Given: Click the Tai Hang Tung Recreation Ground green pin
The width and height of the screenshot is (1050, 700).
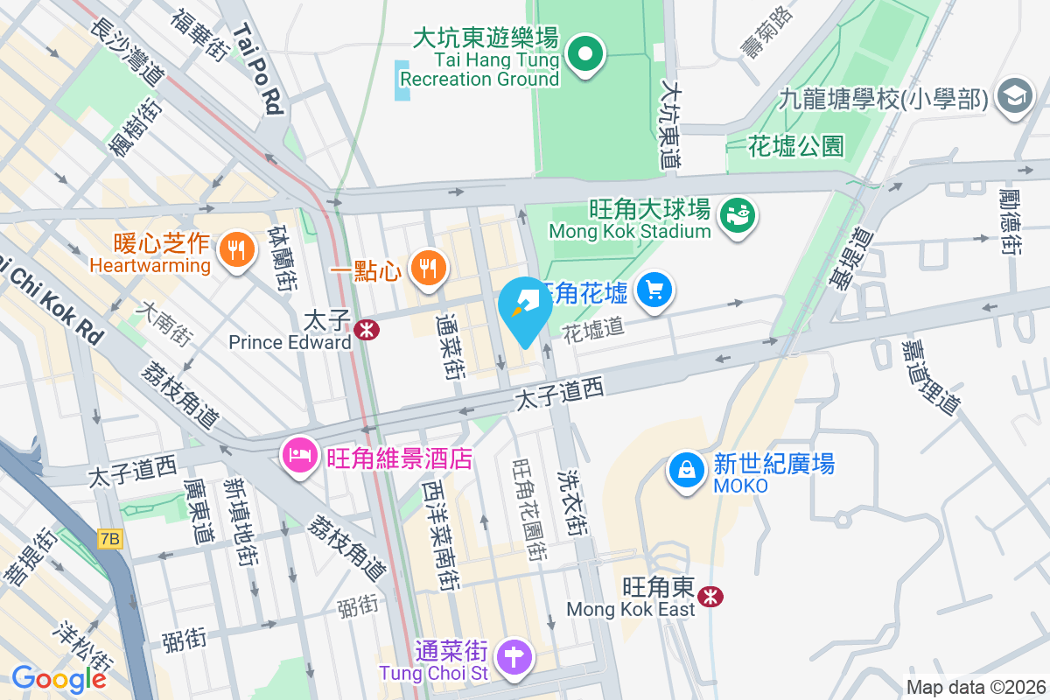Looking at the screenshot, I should pyautogui.click(x=586, y=54).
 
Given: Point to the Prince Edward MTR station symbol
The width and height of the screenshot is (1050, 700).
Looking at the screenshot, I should pyautogui.click(x=365, y=329).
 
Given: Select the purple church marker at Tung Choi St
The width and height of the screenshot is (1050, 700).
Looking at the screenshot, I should pyautogui.click(x=515, y=655).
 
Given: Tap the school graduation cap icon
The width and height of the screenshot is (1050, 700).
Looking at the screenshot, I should pyautogui.click(x=1015, y=95).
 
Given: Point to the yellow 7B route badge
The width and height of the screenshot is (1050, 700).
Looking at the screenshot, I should pyautogui.click(x=109, y=540).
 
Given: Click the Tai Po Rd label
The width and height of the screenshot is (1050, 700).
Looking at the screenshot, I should pyautogui.click(x=258, y=69).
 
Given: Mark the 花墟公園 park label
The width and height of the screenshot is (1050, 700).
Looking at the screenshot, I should pyautogui.click(x=796, y=146).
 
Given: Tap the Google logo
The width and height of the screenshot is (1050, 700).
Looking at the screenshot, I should pyautogui.click(x=59, y=678).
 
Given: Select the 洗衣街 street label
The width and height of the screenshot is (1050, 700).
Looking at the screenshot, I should pyautogui.click(x=572, y=499).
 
